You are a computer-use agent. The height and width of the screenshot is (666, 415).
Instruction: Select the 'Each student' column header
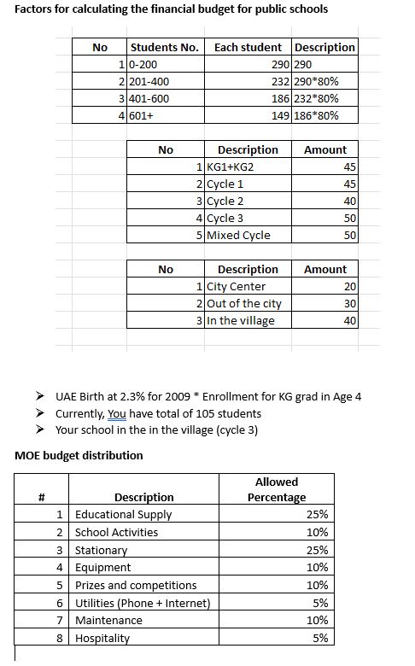[248, 47]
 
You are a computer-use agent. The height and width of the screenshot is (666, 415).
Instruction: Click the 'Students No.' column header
[164, 47]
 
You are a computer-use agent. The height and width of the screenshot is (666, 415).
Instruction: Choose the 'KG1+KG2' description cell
[231, 166]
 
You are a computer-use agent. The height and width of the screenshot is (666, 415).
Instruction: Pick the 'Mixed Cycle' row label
[239, 235]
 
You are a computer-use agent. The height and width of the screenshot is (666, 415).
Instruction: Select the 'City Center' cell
[237, 287]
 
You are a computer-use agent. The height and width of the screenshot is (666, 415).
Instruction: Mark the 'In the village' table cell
[242, 321]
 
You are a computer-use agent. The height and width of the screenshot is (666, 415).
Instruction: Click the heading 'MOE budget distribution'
[79, 455]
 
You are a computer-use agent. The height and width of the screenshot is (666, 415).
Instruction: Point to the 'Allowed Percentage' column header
[277, 489]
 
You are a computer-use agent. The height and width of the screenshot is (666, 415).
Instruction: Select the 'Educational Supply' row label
[124, 515]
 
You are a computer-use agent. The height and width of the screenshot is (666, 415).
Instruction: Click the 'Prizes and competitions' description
[136, 585]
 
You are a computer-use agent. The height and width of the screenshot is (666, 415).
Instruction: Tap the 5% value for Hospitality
[320, 638]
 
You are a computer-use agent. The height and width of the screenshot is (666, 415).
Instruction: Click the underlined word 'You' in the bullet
[117, 413]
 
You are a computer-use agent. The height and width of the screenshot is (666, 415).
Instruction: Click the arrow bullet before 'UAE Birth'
[40, 397]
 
